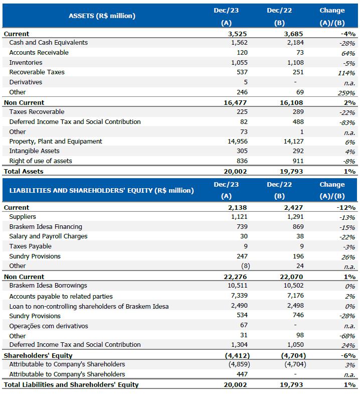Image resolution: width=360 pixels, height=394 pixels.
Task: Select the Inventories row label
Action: (26, 63)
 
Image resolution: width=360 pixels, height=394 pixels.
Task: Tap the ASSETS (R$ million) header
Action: (102, 16)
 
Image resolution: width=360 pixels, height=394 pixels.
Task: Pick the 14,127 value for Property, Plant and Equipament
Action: (293, 142)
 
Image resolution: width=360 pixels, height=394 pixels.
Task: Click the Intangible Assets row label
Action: (34, 151)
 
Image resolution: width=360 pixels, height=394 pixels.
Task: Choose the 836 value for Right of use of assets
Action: (242, 161)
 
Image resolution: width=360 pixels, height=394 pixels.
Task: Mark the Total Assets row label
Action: (24, 171)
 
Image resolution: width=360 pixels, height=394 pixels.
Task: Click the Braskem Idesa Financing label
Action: (46, 227)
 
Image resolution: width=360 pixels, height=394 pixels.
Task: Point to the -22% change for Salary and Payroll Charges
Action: (347, 237)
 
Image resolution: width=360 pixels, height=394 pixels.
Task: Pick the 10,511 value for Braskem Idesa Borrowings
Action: (238, 286)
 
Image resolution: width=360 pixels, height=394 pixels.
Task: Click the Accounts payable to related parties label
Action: (61, 296)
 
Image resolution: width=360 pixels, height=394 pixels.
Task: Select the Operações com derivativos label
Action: (49, 326)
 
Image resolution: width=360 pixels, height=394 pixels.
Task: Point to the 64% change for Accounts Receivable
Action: (348, 53)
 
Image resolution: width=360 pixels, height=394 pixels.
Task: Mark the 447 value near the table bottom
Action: (242, 374)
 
